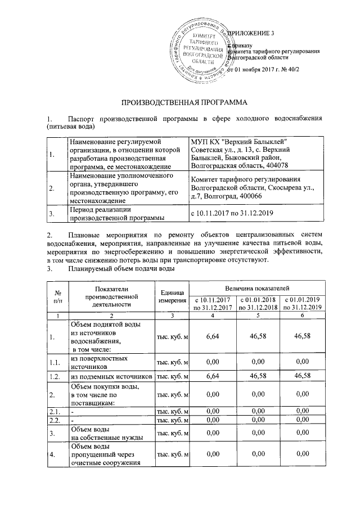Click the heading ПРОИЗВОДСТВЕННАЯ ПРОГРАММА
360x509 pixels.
click(179, 103)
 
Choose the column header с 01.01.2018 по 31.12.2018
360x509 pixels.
click(257, 303)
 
